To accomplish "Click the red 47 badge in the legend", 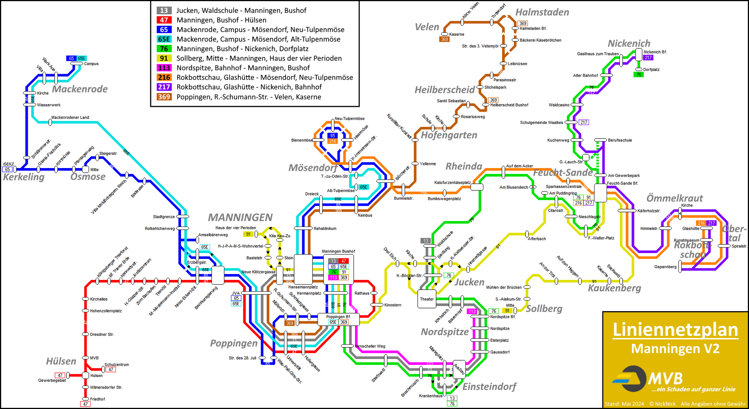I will (164, 20).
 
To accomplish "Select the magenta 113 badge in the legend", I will (164, 68).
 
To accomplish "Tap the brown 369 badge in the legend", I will (164, 97).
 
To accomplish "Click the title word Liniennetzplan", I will (675, 330).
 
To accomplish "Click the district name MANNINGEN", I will (240, 217).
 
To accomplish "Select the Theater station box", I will (427, 299).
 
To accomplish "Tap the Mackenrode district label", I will (80, 89).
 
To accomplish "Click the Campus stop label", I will (91, 64).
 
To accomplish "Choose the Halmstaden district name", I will (542, 12).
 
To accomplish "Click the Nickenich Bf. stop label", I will (655, 52).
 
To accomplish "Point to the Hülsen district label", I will (61, 361).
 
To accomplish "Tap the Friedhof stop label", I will (98, 399).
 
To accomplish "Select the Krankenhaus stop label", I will (431, 396).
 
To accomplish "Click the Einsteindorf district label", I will (489, 386).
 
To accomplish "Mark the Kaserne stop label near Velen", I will (456, 34).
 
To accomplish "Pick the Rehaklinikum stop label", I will (325, 228).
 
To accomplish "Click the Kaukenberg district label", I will (614, 288).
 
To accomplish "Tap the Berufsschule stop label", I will (620, 140).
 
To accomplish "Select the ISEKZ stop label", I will (9, 164).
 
